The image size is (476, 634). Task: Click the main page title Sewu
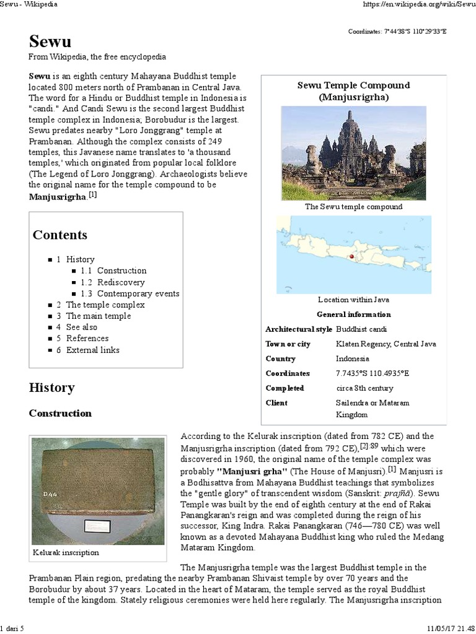coord(50,41)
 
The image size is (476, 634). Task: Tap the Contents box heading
coord(60,235)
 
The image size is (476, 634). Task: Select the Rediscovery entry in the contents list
coord(121,282)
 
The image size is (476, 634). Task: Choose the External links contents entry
coord(93,350)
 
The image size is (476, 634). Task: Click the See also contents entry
coord(82,327)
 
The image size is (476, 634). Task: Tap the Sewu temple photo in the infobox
coord(353,152)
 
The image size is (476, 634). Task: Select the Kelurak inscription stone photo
coord(97,490)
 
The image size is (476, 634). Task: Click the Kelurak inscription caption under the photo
coord(66,552)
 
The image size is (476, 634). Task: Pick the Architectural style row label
coord(298,329)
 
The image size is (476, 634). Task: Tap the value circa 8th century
coord(364,388)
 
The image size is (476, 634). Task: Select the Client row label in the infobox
coord(276,403)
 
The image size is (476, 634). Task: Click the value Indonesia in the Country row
coord(352,358)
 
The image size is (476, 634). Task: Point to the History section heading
coord(51,388)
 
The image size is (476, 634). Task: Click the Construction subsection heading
coord(60,413)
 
